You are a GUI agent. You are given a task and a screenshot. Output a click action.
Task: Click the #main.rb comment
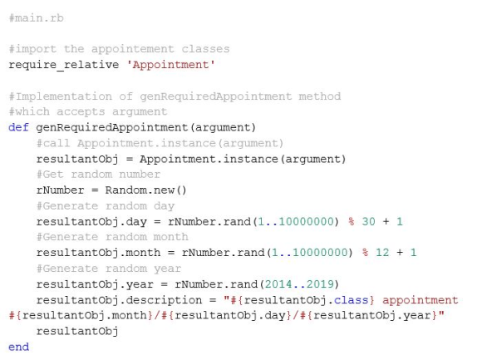click(37, 17)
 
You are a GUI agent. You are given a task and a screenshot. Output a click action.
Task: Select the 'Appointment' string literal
click(170, 65)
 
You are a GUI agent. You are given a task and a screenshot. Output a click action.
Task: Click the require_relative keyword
click(64, 65)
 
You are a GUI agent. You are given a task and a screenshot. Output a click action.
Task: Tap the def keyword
click(18, 127)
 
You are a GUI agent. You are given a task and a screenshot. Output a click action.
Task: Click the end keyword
click(18, 347)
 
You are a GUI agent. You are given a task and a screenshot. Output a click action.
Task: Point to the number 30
click(369, 221)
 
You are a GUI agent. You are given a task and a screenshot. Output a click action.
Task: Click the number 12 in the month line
click(382, 253)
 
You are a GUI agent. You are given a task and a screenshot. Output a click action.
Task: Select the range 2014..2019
click(299, 284)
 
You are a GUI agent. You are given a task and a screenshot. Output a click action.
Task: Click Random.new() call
click(145, 190)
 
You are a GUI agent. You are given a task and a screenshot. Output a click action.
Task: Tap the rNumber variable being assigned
click(60, 190)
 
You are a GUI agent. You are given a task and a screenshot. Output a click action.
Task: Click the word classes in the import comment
click(205, 49)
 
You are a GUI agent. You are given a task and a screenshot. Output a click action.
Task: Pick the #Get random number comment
click(98, 175)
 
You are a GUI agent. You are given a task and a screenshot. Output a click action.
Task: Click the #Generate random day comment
click(106, 205)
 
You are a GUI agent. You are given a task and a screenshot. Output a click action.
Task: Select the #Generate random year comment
click(109, 269)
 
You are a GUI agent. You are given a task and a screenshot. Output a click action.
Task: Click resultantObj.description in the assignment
click(120, 300)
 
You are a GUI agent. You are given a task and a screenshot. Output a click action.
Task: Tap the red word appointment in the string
click(421, 300)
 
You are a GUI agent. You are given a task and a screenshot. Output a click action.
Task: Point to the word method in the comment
click(320, 96)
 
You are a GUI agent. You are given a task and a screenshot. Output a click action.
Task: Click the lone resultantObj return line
click(77, 331)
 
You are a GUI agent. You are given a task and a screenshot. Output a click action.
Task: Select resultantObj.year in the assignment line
click(95, 284)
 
